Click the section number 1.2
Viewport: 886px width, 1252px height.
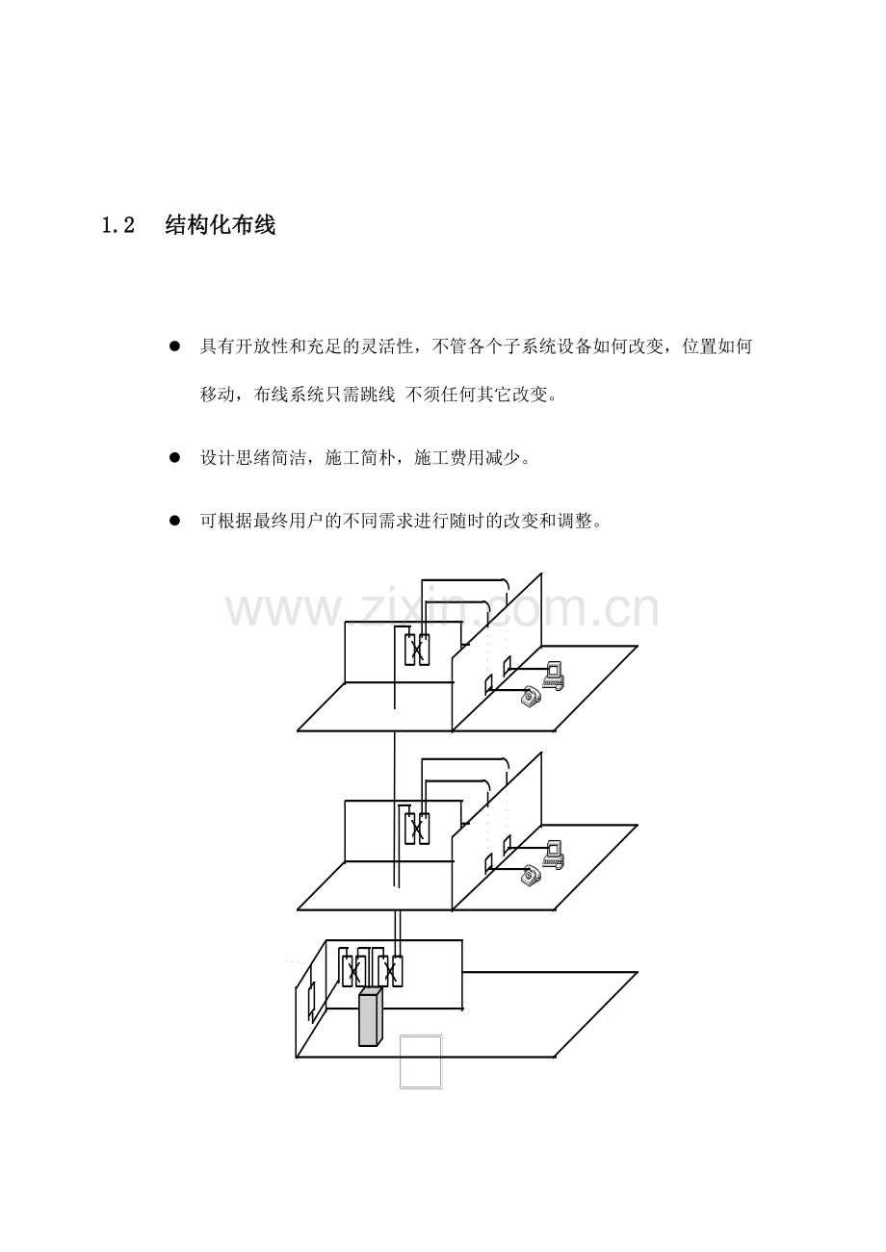click(118, 225)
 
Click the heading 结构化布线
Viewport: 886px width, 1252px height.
click(221, 225)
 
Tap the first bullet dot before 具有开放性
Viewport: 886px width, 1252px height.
click(175, 346)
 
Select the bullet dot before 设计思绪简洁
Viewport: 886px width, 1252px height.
click(175, 458)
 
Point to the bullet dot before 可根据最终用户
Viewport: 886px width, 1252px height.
click(175, 521)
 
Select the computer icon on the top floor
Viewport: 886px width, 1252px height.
click(554, 675)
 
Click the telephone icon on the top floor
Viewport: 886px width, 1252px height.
click(531, 696)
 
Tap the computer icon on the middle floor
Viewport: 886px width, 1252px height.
click(554, 854)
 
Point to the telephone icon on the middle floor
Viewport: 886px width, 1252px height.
click(531, 875)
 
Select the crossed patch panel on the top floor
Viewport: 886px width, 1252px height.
click(417, 650)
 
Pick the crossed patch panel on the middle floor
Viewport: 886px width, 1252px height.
click(417, 829)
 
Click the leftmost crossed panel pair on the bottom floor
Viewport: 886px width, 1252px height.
click(353, 971)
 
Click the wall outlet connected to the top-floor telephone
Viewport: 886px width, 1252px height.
click(488, 685)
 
